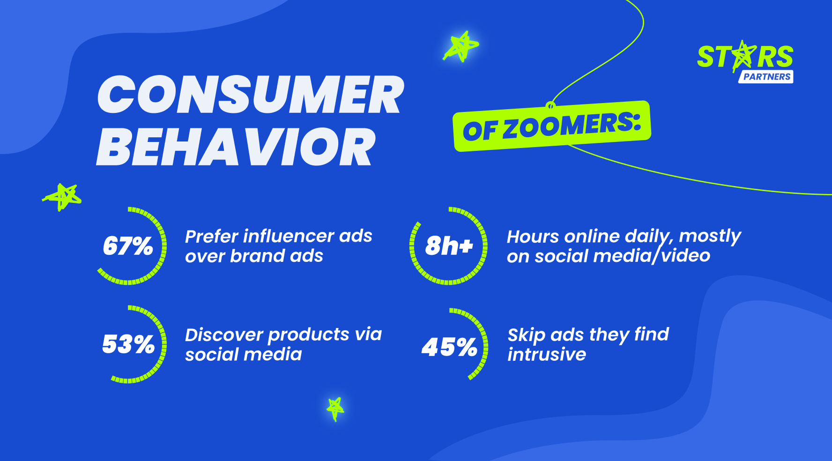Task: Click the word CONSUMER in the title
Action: point(251,95)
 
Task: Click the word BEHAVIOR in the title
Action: point(236,148)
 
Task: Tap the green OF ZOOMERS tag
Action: point(552,126)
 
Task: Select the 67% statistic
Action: point(128,245)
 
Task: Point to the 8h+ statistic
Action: point(449,245)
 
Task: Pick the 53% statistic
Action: point(128,344)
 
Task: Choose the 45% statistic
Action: point(449,347)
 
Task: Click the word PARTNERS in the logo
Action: point(767,77)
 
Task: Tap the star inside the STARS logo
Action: point(743,56)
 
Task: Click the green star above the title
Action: point(461,46)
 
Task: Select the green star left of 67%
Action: point(62,197)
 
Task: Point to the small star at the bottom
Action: point(335,409)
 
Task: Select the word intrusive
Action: point(547,354)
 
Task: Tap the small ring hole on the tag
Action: point(551,105)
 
